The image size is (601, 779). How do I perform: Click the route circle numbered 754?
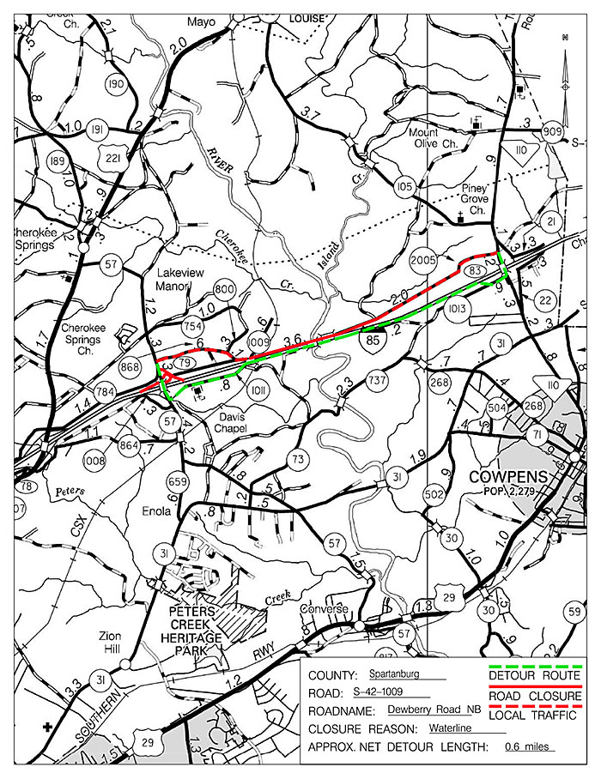coord(192,325)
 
